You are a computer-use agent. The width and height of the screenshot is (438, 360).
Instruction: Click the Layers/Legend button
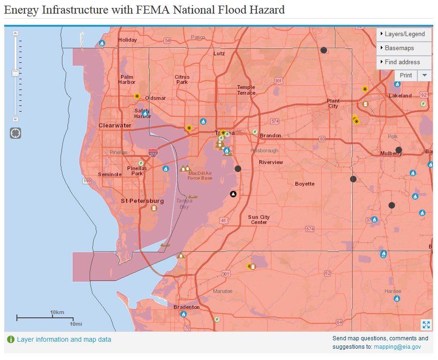(x=404, y=34)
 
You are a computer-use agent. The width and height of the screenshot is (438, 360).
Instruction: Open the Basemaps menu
(x=404, y=48)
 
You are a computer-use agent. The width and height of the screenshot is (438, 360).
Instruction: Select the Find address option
(x=404, y=62)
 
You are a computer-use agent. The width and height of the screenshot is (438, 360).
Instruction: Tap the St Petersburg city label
(x=142, y=201)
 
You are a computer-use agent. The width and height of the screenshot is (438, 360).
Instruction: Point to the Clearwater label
(x=115, y=126)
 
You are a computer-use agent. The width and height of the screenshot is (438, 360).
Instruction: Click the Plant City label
(x=333, y=104)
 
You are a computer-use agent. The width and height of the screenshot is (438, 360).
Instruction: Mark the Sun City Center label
(x=259, y=219)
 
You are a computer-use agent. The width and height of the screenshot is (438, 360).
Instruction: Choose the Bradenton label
(x=187, y=307)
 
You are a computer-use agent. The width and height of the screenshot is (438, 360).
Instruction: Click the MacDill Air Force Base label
(x=200, y=176)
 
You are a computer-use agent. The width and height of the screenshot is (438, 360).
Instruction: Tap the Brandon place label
(x=271, y=135)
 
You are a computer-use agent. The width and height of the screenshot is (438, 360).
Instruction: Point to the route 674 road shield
(x=310, y=229)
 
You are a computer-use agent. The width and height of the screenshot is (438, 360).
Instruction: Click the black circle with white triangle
(x=233, y=194)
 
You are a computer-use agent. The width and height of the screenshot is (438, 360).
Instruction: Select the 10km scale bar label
(x=57, y=312)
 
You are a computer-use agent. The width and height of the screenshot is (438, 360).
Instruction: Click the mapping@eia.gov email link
(x=397, y=347)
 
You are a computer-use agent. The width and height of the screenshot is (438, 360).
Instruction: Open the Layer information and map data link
(x=64, y=339)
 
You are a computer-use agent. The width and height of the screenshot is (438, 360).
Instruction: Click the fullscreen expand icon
(x=426, y=325)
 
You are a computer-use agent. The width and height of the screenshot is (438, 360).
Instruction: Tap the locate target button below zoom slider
(x=15, y=133)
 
